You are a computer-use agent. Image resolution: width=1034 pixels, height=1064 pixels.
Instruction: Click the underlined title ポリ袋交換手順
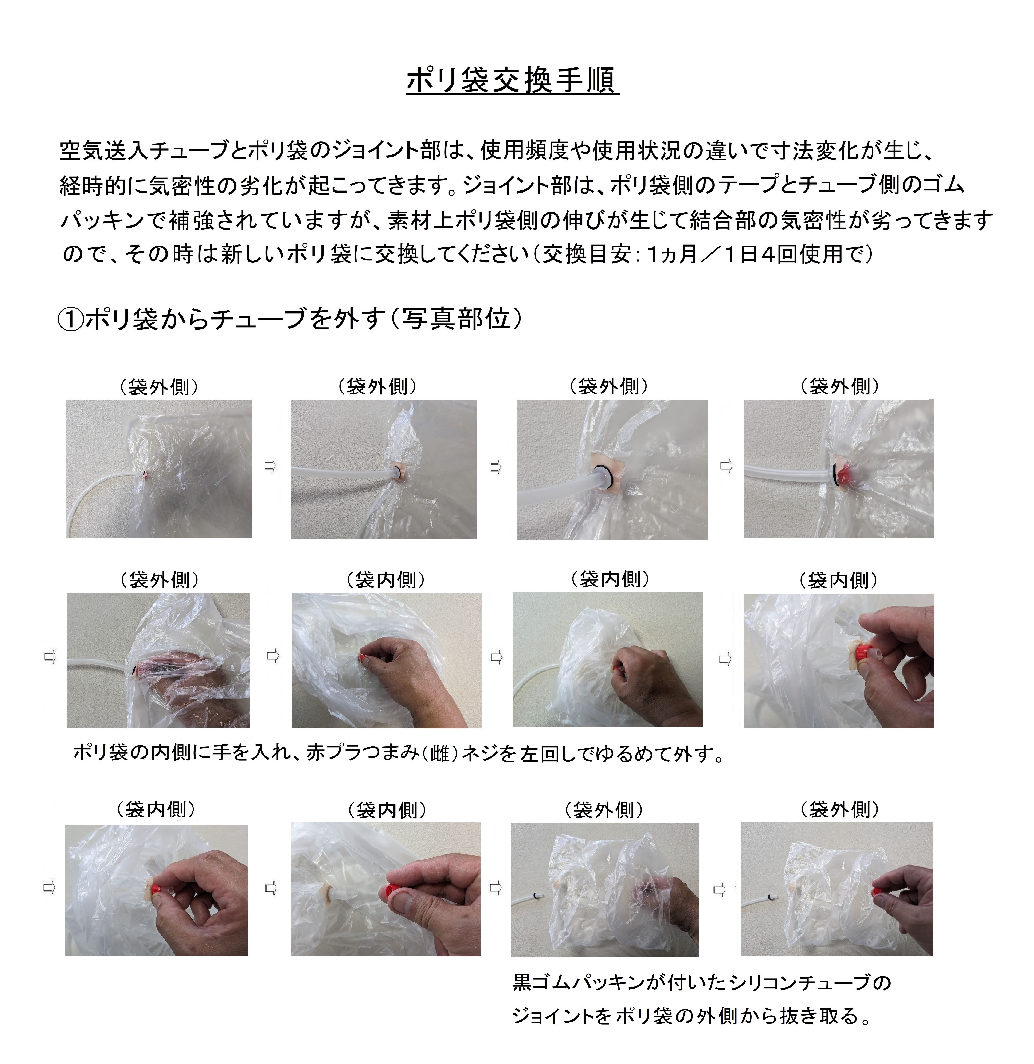click(513, 81)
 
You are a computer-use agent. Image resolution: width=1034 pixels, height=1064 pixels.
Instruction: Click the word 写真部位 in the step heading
click(456, 319)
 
